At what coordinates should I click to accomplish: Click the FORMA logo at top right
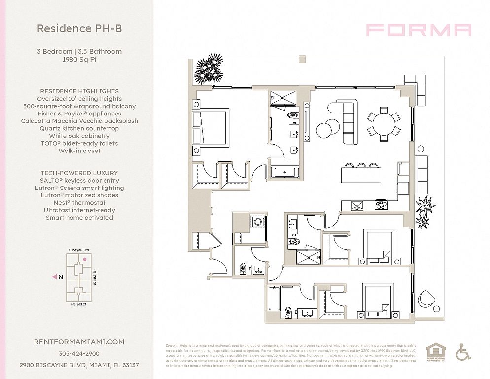tap(419, 30)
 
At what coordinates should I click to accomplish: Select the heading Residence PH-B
tap(79, 29)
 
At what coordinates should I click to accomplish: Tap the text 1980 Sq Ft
tap(79, 59)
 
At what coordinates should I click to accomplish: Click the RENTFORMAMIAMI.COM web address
tap(79, 341)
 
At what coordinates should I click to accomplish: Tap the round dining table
tap(384, 123)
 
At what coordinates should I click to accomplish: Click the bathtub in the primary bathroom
tap(284, 173)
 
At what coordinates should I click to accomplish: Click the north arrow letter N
tap(60, 277)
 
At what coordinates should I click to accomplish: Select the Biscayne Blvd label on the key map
tap(79, 251)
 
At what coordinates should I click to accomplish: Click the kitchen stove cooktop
tap(381, 203)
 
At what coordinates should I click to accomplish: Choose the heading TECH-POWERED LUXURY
tap(79, 173)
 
